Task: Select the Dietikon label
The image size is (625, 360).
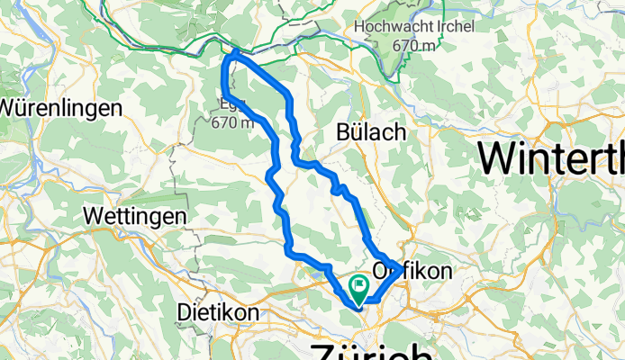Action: [219, 311]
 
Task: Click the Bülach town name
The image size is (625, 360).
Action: [370, 131]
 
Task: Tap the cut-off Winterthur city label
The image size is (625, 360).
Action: [551, 158]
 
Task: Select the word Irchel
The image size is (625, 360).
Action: [451, 27]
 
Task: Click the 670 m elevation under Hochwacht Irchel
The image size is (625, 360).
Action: [414, 45]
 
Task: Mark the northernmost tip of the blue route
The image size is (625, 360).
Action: [236, 51]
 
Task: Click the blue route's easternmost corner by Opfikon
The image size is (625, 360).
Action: [397, 264]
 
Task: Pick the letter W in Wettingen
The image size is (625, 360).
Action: [90, 217]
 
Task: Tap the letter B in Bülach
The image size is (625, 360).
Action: [342, 131]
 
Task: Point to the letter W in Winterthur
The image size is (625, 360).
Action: [498, 158]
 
